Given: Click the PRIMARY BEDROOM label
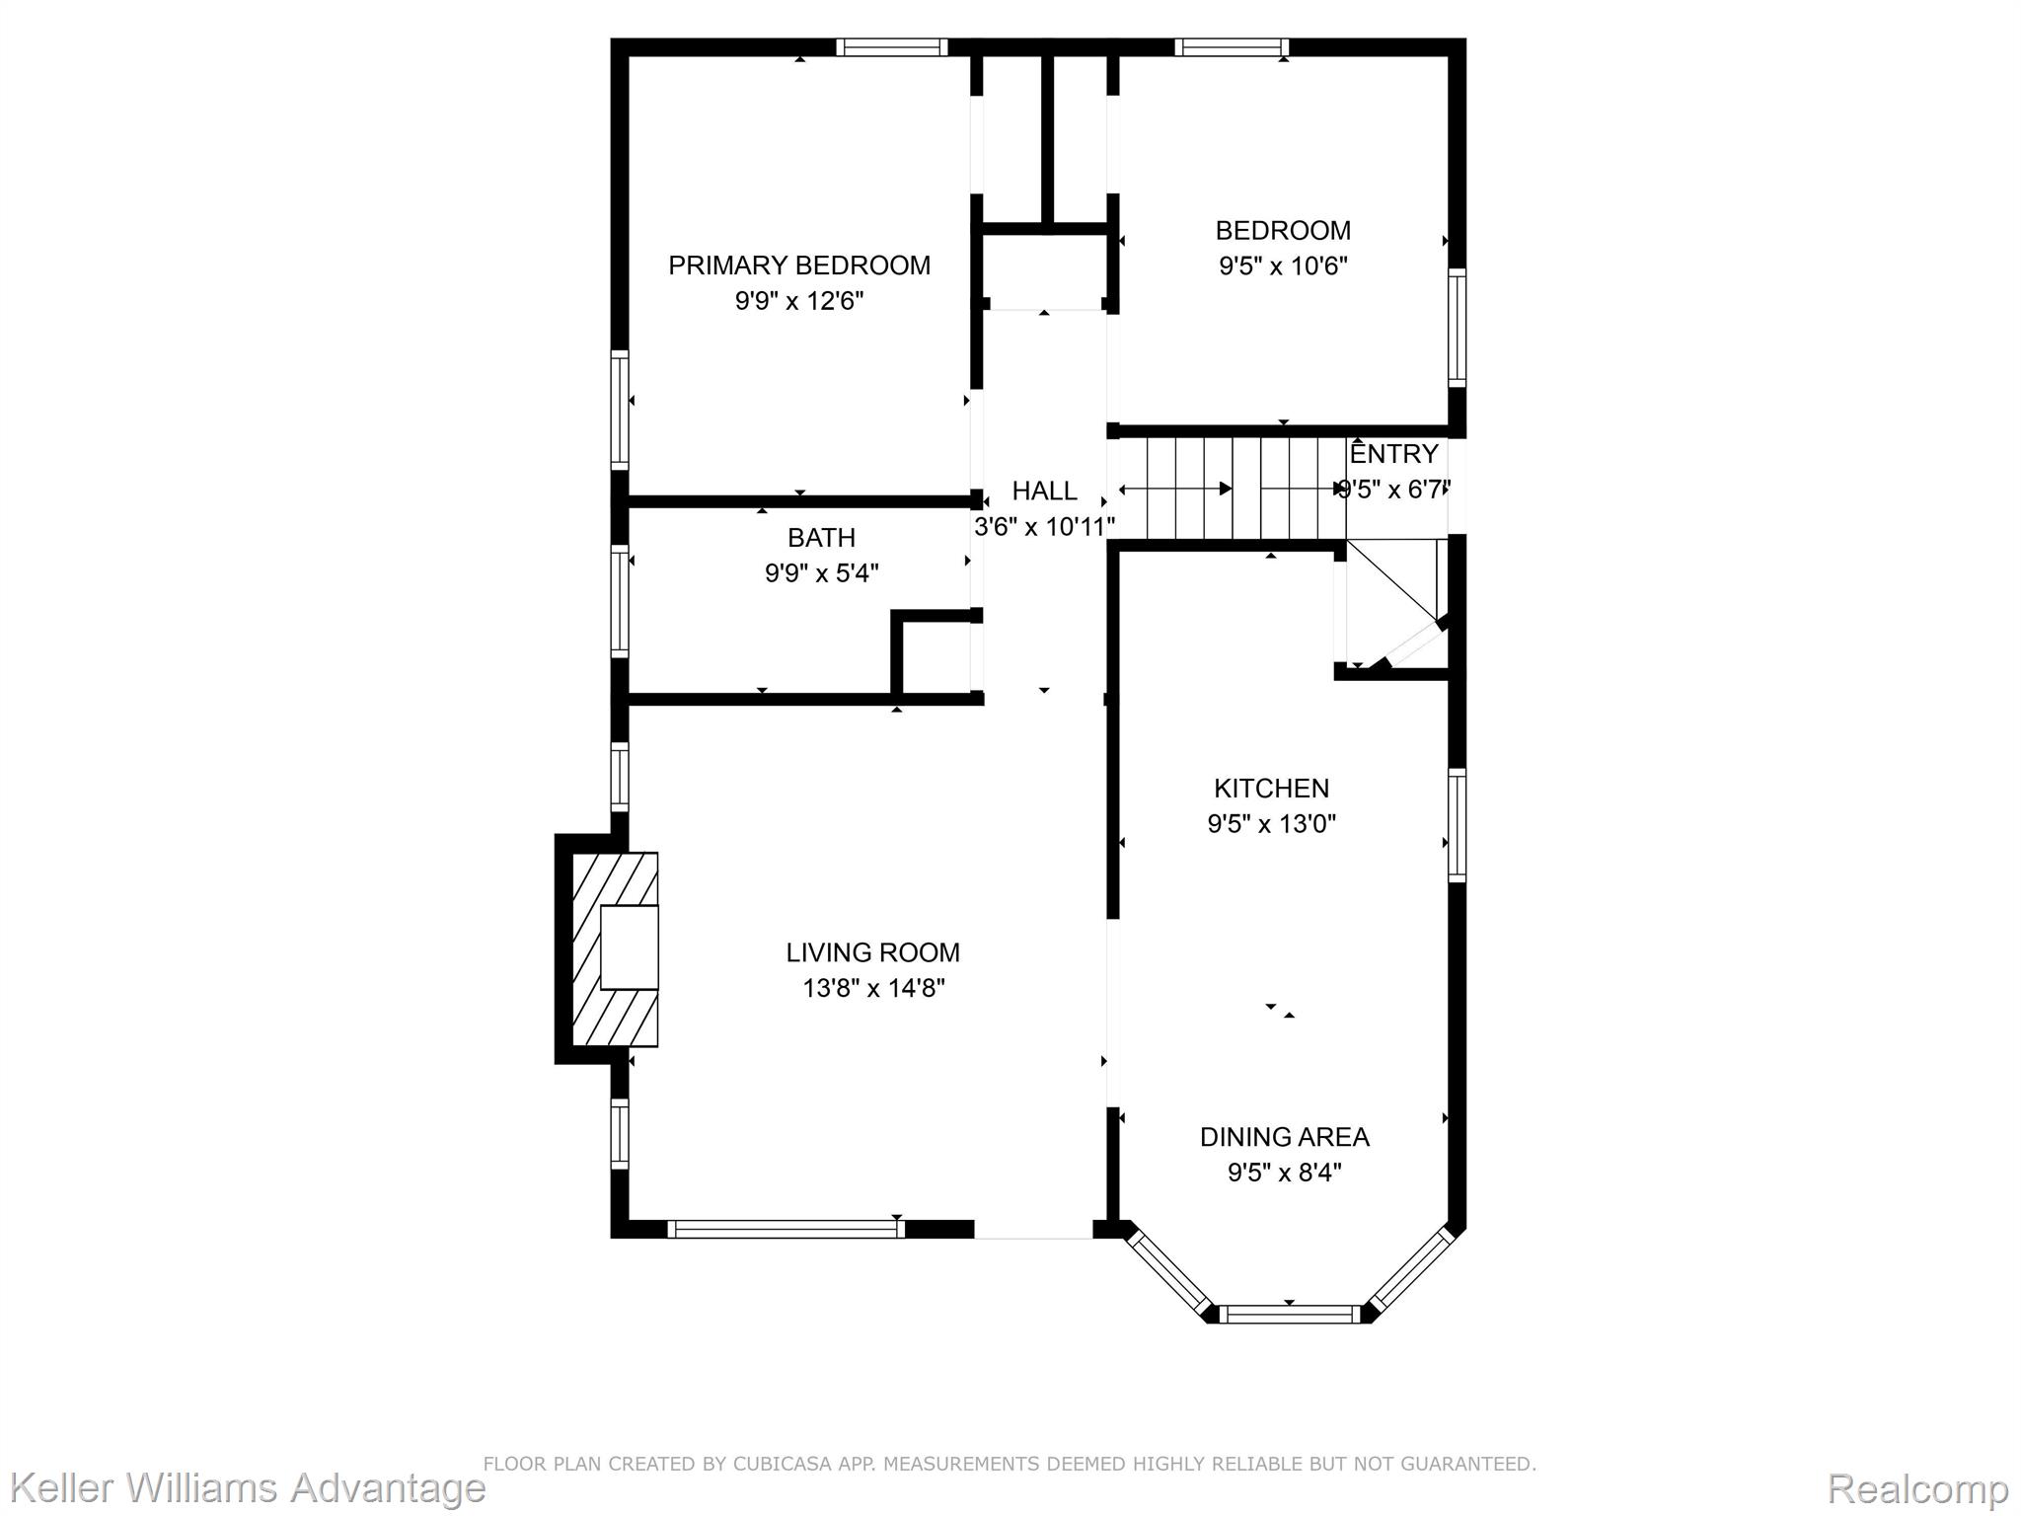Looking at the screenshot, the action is coord(799,265).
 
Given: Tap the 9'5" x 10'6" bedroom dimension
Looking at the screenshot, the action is coord(1283,266).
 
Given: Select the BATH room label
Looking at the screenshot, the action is coord(821,538).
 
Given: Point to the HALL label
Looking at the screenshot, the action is coord(1044,491).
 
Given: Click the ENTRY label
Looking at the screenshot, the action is coord(1393,454).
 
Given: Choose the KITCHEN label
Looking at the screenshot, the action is coord(1271,789).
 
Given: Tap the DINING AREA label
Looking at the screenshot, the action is coord(1284,1137).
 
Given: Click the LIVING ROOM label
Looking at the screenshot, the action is coord(872,952).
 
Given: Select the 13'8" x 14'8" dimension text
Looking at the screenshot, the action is coord(873,988).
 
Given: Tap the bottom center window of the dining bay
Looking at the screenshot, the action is coord(1289,1314).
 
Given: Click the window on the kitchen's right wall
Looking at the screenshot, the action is coord(1457,825).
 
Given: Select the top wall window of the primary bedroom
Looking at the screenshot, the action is coord(892,47).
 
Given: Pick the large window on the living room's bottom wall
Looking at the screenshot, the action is coord(786,1229).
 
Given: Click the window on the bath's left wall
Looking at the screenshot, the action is coord(620,601).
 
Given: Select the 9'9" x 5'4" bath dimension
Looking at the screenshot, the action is coord(821,573).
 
